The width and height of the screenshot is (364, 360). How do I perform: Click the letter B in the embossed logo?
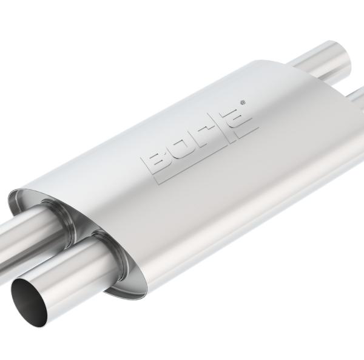point(153,161)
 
